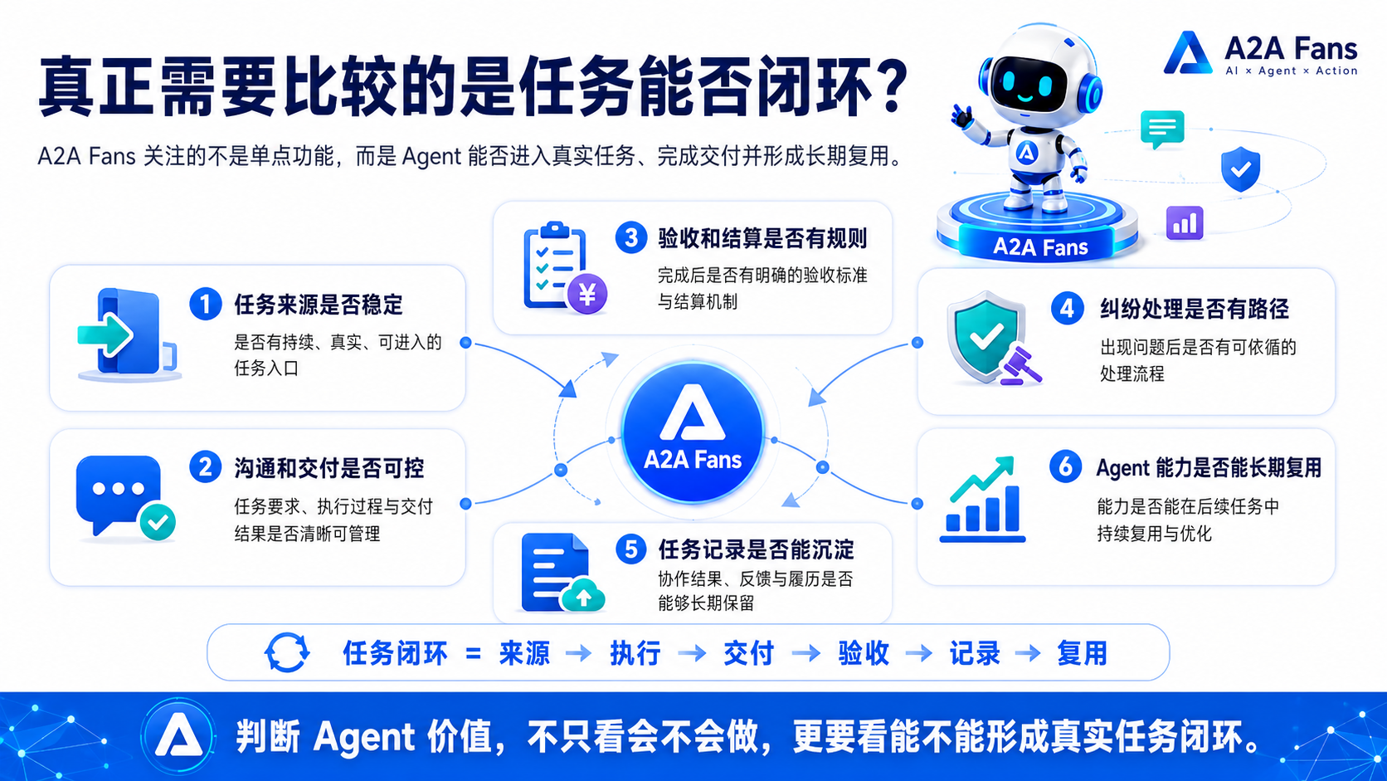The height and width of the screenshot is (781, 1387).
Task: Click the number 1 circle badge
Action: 206,304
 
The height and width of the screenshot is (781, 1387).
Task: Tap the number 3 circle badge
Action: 631,238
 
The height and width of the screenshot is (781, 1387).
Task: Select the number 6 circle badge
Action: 1066,466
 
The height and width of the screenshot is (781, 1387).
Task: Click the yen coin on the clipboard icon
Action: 586,294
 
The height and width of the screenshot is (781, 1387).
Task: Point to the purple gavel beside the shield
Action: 1020,366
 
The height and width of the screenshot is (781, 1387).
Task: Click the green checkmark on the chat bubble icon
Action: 158,521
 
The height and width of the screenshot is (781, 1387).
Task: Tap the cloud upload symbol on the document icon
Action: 582,594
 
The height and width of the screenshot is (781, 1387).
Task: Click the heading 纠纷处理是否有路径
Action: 1195,309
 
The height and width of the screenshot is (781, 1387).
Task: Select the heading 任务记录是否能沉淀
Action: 756,549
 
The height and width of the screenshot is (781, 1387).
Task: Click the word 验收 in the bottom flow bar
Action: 864,653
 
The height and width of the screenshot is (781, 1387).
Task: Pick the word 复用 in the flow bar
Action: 1082,653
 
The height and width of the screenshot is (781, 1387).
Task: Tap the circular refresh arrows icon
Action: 287,652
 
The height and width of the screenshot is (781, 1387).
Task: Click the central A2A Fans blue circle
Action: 693,432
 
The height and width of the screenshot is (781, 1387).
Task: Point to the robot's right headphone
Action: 1090,93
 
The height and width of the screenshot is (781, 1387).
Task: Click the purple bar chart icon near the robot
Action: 1185,223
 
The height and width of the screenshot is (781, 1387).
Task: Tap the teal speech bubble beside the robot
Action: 1162,129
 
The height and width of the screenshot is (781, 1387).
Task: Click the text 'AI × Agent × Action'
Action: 1291,71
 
